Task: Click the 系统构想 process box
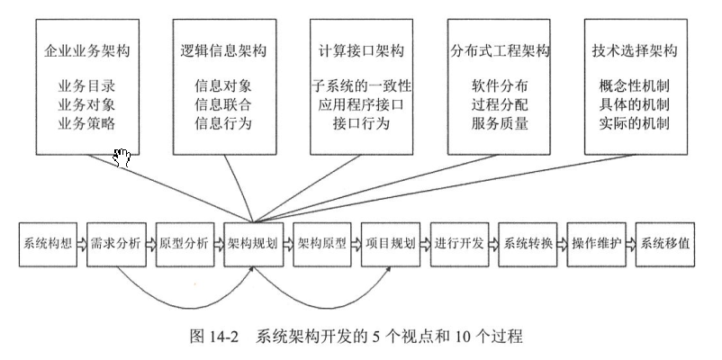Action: pyautogui.click(x=47, y=243)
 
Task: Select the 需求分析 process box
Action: pyautogui.click(x=115, y=243)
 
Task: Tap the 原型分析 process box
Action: pyautogui.click(x=185, y=243)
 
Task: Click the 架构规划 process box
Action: pyautogui.click(x=253, y=243)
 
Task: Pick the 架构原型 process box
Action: pyautogui.click(x=321, y=243)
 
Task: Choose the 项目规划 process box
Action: pyautogui.click(x=390, y=243)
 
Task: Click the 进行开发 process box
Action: pyautogui.click(x=459, y=243)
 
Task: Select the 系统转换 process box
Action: pyautogui.click(x=528, y=243)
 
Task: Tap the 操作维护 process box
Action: pyautogui.click(x=596, y=243)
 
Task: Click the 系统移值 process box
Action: pyautogui.click(x=665, y=243)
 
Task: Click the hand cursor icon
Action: pyautogui.click(x=122, y=158)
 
